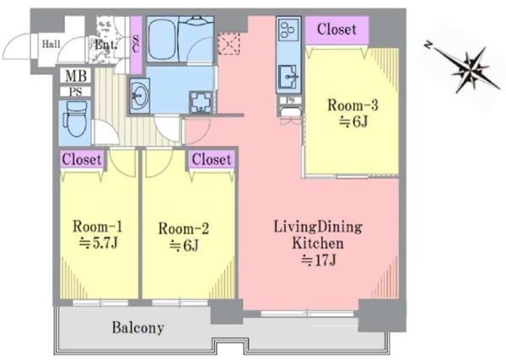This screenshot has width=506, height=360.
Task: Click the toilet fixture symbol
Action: tap(76, 120)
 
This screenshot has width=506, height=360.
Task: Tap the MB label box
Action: tap(76, 76)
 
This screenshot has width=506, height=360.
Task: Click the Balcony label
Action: tap(137, 327)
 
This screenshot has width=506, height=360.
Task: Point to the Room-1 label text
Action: tap(98, 226)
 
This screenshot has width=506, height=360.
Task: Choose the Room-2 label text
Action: tap(183, 228)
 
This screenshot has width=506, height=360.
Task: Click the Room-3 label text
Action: tap(353, 105)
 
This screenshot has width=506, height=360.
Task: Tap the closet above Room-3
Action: tap(336, 30)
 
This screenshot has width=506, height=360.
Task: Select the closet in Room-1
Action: tap(82, 159)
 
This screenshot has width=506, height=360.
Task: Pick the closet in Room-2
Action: tap(212, 159)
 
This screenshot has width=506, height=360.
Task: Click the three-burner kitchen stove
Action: tap(288, 30)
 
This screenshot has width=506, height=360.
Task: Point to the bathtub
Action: tap(162, 39)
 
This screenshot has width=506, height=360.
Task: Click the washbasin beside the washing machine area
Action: tap(139, 96)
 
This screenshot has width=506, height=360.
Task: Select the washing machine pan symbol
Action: tap(201, 103)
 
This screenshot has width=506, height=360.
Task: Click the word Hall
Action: tap(51, 44)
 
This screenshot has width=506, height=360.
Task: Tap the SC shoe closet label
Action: tap(136, 45)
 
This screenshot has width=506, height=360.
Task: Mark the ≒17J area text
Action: tap(318, 261)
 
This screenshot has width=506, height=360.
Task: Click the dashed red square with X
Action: tap(229, 44)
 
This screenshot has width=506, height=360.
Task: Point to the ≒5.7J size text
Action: tap(99, 243)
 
